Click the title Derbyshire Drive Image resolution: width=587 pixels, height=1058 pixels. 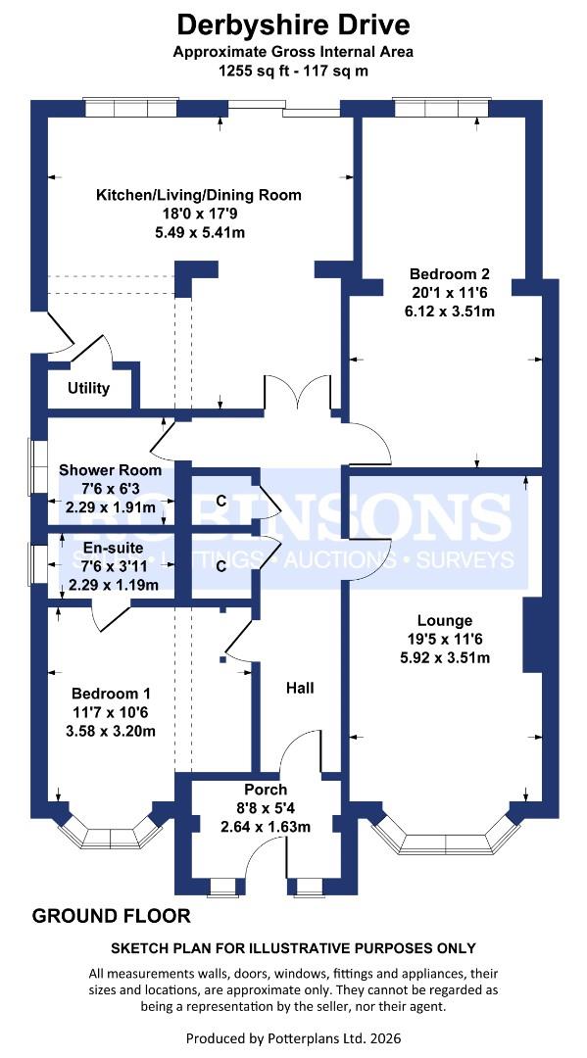point(293,24)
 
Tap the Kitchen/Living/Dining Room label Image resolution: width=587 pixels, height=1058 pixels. point(198,195)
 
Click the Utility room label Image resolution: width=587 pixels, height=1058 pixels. point(88,388)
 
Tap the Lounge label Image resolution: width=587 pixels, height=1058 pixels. point(444,620)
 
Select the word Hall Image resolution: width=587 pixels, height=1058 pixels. point(300,689)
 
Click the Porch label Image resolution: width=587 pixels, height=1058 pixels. point(266,790)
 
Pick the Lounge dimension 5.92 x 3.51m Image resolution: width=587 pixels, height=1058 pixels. point(444,657)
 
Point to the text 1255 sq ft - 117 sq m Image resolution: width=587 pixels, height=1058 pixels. point(293,72)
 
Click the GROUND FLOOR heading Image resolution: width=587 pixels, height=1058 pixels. point(112,917)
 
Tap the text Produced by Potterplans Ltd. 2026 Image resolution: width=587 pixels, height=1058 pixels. point(293,1037)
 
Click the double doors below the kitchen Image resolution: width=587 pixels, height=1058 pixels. point(302,394)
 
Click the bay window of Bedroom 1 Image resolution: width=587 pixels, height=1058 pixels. point(108,834)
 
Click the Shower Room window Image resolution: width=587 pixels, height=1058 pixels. point(39,463)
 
